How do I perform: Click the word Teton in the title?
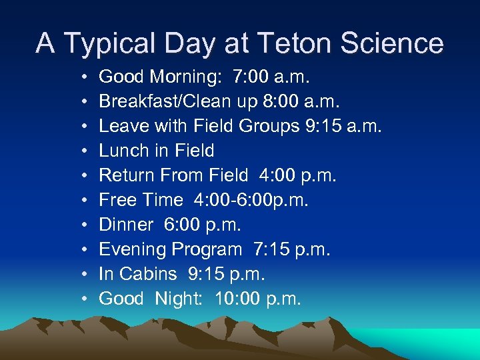tap(301, 43)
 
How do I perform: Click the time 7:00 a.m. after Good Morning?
tap(271, 77)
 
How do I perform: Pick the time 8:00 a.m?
tap(309, 101)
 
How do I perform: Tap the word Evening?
tap(133, 249)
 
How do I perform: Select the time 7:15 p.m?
tap(291, 249)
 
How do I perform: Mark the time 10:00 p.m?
tap(258, 299)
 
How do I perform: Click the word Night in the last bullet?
tap(179, 299)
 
